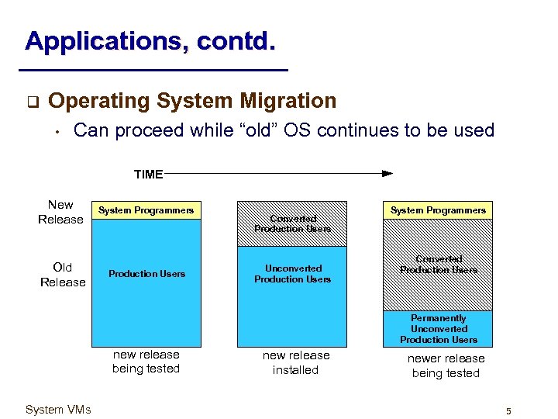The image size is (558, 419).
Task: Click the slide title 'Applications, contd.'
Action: click(150, 40)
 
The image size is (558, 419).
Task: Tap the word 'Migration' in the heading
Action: click(288, 101)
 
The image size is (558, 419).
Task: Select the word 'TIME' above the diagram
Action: click(148, 174)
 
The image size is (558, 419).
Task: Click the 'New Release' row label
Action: click(60, 212)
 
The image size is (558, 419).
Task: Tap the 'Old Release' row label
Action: click(63, 275)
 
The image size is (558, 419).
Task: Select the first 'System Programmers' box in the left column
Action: click(146, 210)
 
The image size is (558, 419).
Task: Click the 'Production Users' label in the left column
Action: click(146, 274)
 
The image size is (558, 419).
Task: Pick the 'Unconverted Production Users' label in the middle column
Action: click(293, 274)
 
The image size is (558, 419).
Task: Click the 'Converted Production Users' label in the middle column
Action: click(293, 223)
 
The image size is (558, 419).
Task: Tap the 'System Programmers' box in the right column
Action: click(438, 210)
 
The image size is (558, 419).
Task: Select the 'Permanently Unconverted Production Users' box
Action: click(439, 329)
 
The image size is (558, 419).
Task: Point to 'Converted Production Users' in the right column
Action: click(439, 265)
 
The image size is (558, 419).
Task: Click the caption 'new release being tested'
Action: click(146, 362)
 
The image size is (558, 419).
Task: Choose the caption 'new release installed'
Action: click(295, 362)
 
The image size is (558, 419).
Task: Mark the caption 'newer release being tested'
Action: click(446, 365)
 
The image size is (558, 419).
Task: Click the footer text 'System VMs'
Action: click(58, 410)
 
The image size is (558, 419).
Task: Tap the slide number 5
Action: click(508, 410)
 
